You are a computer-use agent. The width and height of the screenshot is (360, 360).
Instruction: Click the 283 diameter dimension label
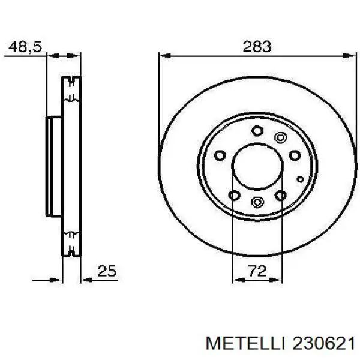(257, 46)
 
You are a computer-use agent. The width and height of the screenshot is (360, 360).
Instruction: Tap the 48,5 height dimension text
(25, 46)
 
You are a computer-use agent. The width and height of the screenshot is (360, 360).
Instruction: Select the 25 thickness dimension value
(106, 272)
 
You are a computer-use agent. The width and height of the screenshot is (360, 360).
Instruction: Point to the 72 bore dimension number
(257, 272)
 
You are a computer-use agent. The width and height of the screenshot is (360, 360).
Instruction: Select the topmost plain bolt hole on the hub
(257, 130)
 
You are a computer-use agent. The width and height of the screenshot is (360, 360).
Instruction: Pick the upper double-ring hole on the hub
(280, 137)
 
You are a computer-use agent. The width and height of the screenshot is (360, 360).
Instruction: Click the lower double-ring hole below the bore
(257, 202)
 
